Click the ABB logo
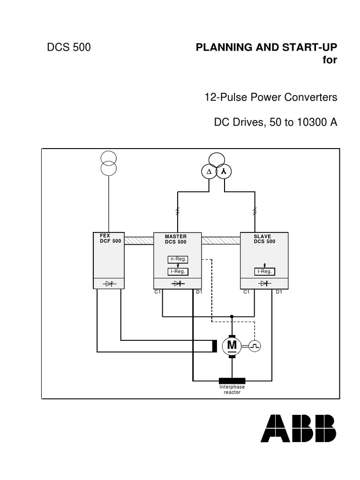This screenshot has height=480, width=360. click(x=298, y=428)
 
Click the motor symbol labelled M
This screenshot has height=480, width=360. click(x=232, y=346)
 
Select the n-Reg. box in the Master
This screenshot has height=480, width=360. click(x=178, y=260)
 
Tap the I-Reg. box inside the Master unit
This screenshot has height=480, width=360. click(x=178, y=271)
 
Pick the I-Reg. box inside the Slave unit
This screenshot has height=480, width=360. click(x=264, y=271)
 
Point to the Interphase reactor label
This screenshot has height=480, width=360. click(x=232, y=390)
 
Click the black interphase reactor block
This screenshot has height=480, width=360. click(x=232, y=380)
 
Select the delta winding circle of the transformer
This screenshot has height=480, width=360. click(x=208, y=172)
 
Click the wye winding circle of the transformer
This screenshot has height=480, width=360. click(x=224, y=172)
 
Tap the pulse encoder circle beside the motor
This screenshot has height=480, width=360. click(x=255, y=346)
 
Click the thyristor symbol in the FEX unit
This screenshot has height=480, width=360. click(x=109, y=284)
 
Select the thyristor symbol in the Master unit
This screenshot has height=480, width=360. click(x=178, y=284)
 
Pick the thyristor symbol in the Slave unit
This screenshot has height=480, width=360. click(x=264, y=284)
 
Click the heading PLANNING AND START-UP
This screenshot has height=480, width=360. click(x=266, y=47)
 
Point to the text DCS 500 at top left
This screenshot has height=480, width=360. click(x=69, y=47)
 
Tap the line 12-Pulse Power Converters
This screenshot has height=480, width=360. click(x=270, y=97)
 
